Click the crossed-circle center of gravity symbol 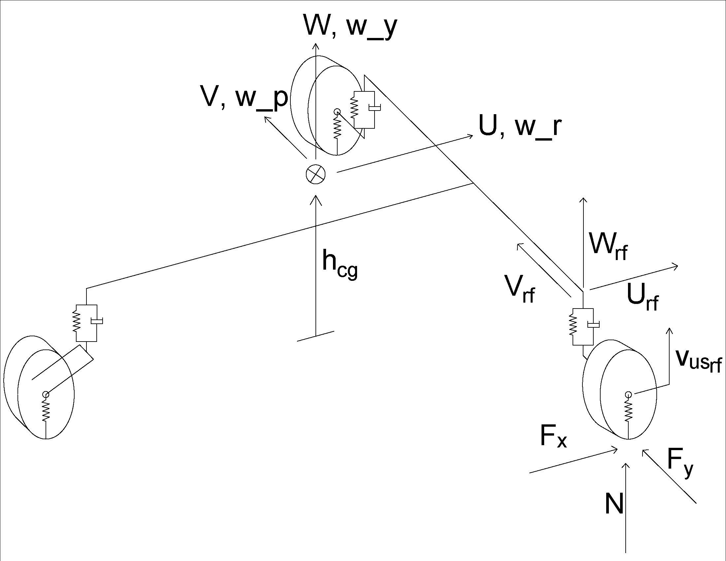[x=315, y=174]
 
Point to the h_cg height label [x=340, y=265]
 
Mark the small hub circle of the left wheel [x=46, y=394]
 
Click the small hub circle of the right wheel [x=628, y=394]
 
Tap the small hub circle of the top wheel [x=337, y=111]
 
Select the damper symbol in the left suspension [x=97, y=321]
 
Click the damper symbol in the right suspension [x=593, y=324]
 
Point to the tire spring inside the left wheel [x=46, y=410]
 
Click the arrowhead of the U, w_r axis [x=470, y=136]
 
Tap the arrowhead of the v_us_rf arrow [x=670, y=330]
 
